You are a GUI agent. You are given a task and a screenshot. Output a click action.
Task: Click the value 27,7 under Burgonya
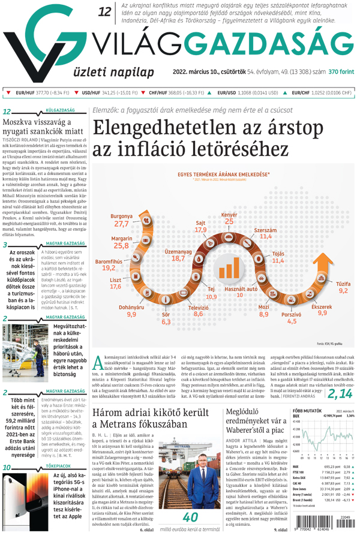coord(122,224)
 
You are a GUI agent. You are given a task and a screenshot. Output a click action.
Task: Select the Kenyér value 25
coord(229,221)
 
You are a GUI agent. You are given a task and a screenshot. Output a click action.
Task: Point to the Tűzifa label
coord(343,282)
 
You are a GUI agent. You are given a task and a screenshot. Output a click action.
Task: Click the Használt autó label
coord(240,288)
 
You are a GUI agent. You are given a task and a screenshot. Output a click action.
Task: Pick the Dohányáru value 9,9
coord(132,314)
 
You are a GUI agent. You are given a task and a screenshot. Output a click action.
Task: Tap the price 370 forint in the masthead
coord(341,71)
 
